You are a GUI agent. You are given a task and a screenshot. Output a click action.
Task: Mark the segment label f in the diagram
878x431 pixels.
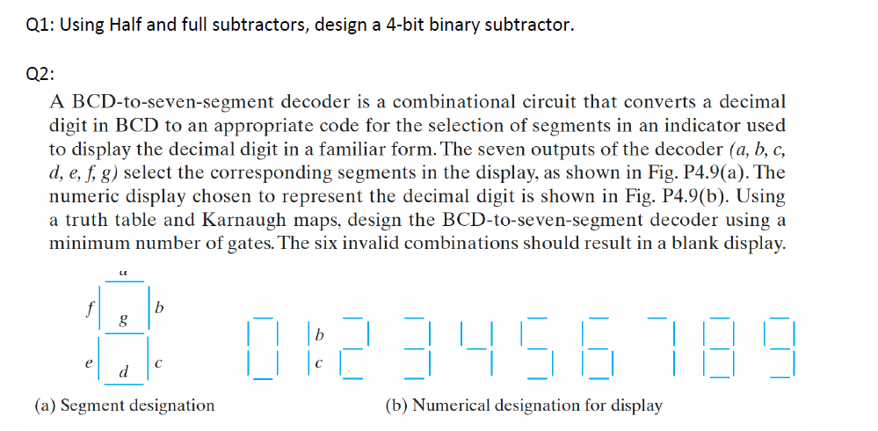[90, 309]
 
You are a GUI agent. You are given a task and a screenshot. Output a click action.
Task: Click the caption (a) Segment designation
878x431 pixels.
[124, 405]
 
